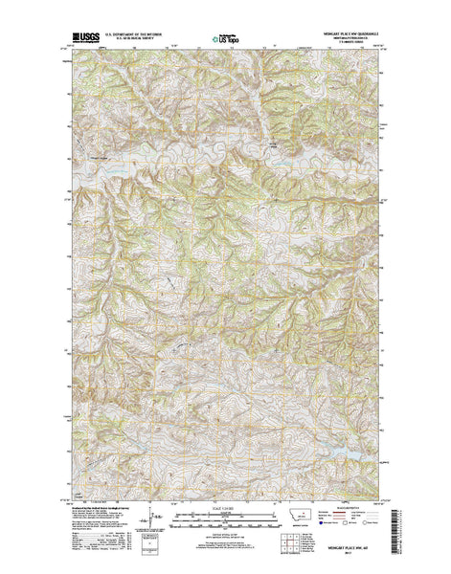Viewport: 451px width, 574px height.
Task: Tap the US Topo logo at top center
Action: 227,41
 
